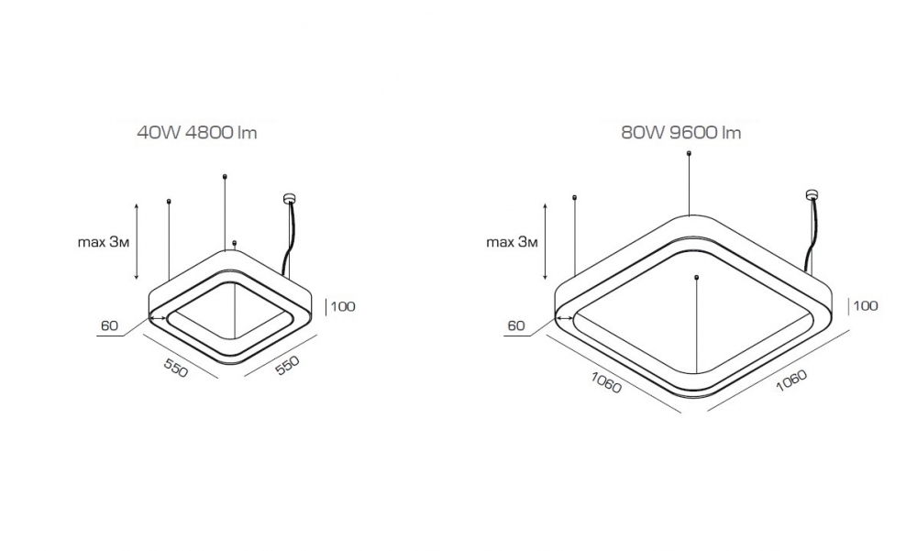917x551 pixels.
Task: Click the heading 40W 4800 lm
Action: pyautogui.click(x=197, y=133)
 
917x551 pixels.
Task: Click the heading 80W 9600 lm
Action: pyautogui.click(x=681, y=133)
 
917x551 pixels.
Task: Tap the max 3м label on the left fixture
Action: pyautogui.click(x=103, y=241)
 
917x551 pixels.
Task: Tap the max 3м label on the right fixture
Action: pyautogui.click(x=512, y=241)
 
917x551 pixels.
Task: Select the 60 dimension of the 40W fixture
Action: pyautogui.click(x=109, y=325)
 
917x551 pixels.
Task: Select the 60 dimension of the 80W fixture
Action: pyautogui.click(x=516, y=325)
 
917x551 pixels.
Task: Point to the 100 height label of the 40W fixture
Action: pyautogui.click(x=343, y=306)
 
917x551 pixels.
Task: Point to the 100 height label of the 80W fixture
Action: pyautogui.click(x=867, y=305)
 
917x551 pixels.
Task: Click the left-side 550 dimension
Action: pyautogui.click(x=176, y=368)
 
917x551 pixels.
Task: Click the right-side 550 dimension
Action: pyautogui.click(x=287, y=366)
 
